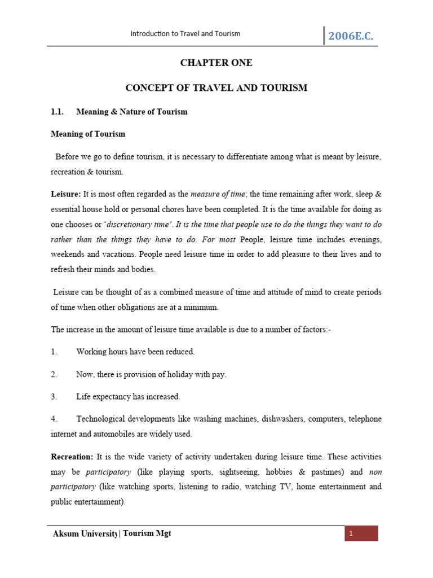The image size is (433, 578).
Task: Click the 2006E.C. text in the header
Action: tap(350, 37)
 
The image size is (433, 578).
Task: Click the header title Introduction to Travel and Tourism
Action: tap(185, 34)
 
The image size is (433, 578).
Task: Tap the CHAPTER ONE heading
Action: tap(216, 63)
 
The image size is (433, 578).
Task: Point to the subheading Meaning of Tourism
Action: tap(88, 134)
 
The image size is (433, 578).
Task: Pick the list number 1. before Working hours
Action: tap(54, 352)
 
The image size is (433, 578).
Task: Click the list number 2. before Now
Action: tap(54, 374)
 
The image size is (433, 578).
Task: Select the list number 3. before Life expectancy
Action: tap(54, 397)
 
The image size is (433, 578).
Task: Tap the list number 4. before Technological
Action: tap(54, 419)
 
